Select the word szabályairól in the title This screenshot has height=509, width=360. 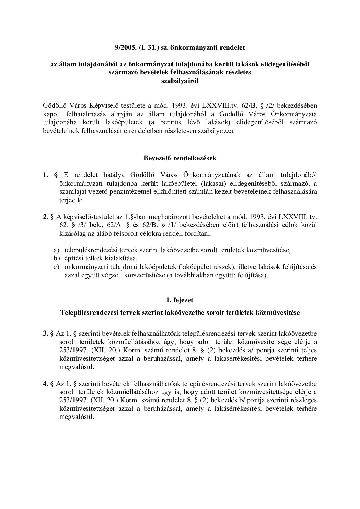tap(180, 81)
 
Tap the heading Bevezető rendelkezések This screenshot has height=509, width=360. tap(180, 158)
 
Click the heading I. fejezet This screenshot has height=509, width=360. tap(180, 300)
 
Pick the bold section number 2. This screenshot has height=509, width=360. tap(45, 217)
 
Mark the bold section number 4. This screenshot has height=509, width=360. tap(45, 384)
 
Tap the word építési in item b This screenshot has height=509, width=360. tap(74, 258)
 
